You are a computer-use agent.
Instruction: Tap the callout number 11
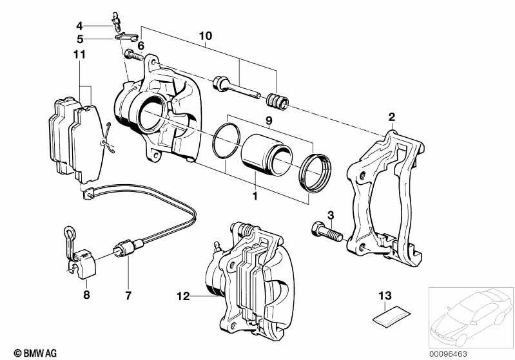(79, 55)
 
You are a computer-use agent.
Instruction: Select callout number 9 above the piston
(269, 120)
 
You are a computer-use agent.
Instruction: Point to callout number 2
(391, 117)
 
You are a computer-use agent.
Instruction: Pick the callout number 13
(384, 296)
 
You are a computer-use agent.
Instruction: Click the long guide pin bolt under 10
(236, 87)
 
